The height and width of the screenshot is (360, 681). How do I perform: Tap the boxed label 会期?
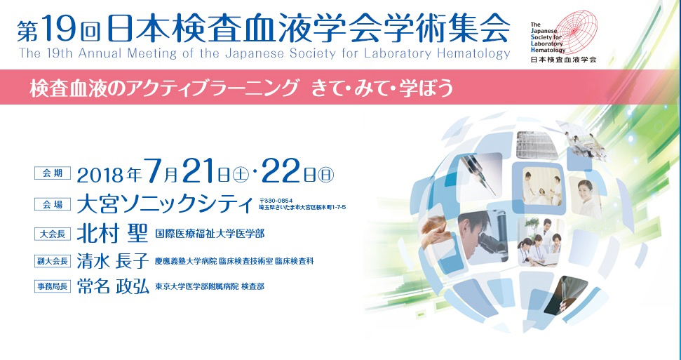coord(53,173)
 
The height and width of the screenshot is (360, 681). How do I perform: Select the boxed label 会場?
coord(53,204)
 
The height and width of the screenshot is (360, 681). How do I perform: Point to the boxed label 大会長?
coord(53,234)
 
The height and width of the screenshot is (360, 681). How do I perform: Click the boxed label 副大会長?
coord(53,261)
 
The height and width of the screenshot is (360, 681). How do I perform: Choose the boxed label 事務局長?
coord(53,286)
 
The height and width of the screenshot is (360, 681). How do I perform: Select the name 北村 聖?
coord(113,234)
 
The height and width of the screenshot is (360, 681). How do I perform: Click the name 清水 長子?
coord(113,260)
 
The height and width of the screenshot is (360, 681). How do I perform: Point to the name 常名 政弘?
coord(113,286)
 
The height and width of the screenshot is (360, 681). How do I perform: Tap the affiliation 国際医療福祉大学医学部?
coord(209,234)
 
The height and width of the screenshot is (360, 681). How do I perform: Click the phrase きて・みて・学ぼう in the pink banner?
coord(382,88)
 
